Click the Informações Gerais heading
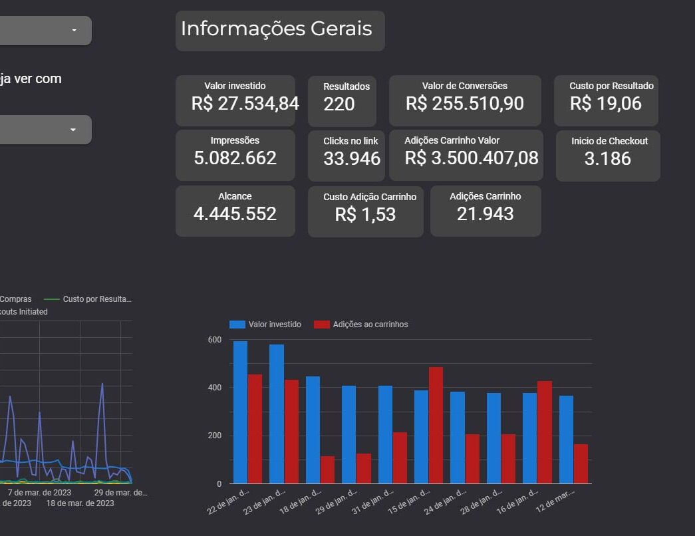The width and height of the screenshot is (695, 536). click(276, 29)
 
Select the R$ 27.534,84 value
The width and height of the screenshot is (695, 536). click(245, 104)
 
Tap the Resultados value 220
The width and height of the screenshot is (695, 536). click(339, 104)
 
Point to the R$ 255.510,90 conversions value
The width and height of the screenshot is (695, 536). click(464, 104)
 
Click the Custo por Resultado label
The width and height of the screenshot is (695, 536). click(611, 86)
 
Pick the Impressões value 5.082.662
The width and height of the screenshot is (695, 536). click(235, 158)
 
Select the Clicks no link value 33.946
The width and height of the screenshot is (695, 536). click(352, 159)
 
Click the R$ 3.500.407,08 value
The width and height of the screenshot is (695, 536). click(472, 158)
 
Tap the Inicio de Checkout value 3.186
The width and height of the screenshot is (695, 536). click(607, 158)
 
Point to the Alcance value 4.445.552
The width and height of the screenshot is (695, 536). click(235, 214)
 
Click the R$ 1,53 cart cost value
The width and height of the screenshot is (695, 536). click(365, 215)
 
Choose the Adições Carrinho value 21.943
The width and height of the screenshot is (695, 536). click(485, 214)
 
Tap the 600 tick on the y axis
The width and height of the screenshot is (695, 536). click(214, 340)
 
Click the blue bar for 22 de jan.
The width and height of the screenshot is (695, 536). click(240, 412)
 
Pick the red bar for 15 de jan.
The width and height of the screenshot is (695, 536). click(436, 425)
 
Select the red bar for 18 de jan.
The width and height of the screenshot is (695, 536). click(327, 469)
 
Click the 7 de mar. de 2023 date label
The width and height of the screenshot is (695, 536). click(39, 493)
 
